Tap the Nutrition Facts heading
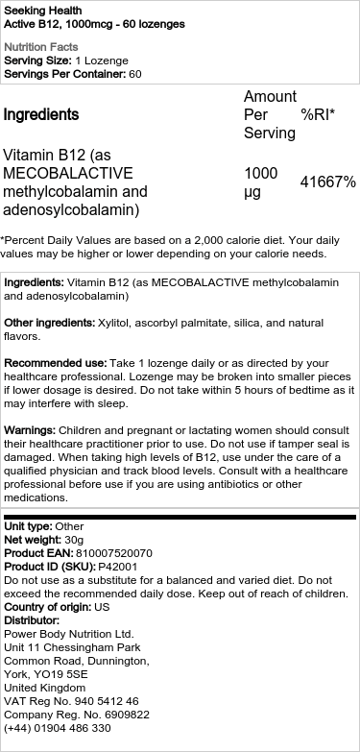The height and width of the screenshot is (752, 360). [38, 46]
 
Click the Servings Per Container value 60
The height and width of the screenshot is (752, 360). [135, 74]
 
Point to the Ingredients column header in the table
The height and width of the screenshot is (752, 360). [41, 114]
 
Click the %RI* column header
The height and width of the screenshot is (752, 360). [317, 114]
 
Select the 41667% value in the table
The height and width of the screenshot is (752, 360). [327, 182]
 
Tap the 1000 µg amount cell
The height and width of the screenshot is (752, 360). [261, 182]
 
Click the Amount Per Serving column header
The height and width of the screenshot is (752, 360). [270, 114]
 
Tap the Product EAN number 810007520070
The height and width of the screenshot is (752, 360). [111, 554]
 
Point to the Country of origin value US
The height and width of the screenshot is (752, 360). [103, 608]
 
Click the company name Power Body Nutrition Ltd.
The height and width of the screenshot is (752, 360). [68, 635]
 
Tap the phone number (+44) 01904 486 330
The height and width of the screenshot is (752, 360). [58, 729]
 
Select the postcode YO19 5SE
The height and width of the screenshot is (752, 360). [65, 675]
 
